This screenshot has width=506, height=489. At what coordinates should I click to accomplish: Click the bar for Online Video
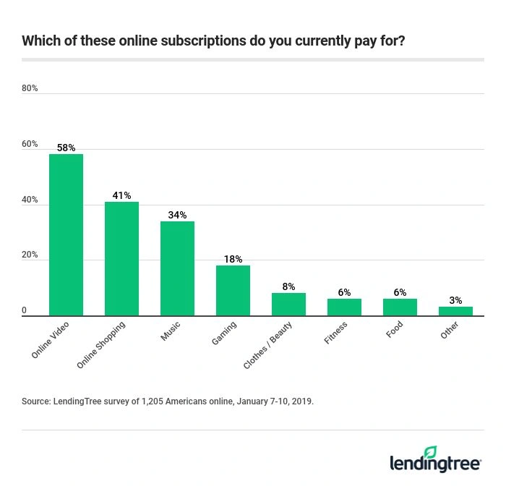coord(66,234)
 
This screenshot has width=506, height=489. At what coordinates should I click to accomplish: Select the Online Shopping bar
coord(121,258)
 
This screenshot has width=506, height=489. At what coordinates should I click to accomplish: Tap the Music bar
coord(177,268)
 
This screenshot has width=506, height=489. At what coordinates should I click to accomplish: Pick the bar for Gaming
coord(233,290)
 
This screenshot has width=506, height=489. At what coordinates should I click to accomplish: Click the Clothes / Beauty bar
coord(288,305)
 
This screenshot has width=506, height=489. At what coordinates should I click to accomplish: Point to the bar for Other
coord(455,311)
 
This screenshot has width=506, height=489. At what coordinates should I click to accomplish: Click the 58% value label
coord(66,148)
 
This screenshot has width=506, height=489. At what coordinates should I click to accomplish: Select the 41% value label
coord(121,195)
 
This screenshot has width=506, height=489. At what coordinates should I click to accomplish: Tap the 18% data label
coord(233,259)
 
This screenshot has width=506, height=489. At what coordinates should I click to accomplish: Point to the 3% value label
coord(455,300)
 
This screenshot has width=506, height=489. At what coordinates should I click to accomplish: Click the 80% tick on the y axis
coord(30,88)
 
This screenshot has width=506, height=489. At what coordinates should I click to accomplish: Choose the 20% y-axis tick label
coord(30,255)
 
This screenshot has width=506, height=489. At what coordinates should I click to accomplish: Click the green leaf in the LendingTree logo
coord(431,452)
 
